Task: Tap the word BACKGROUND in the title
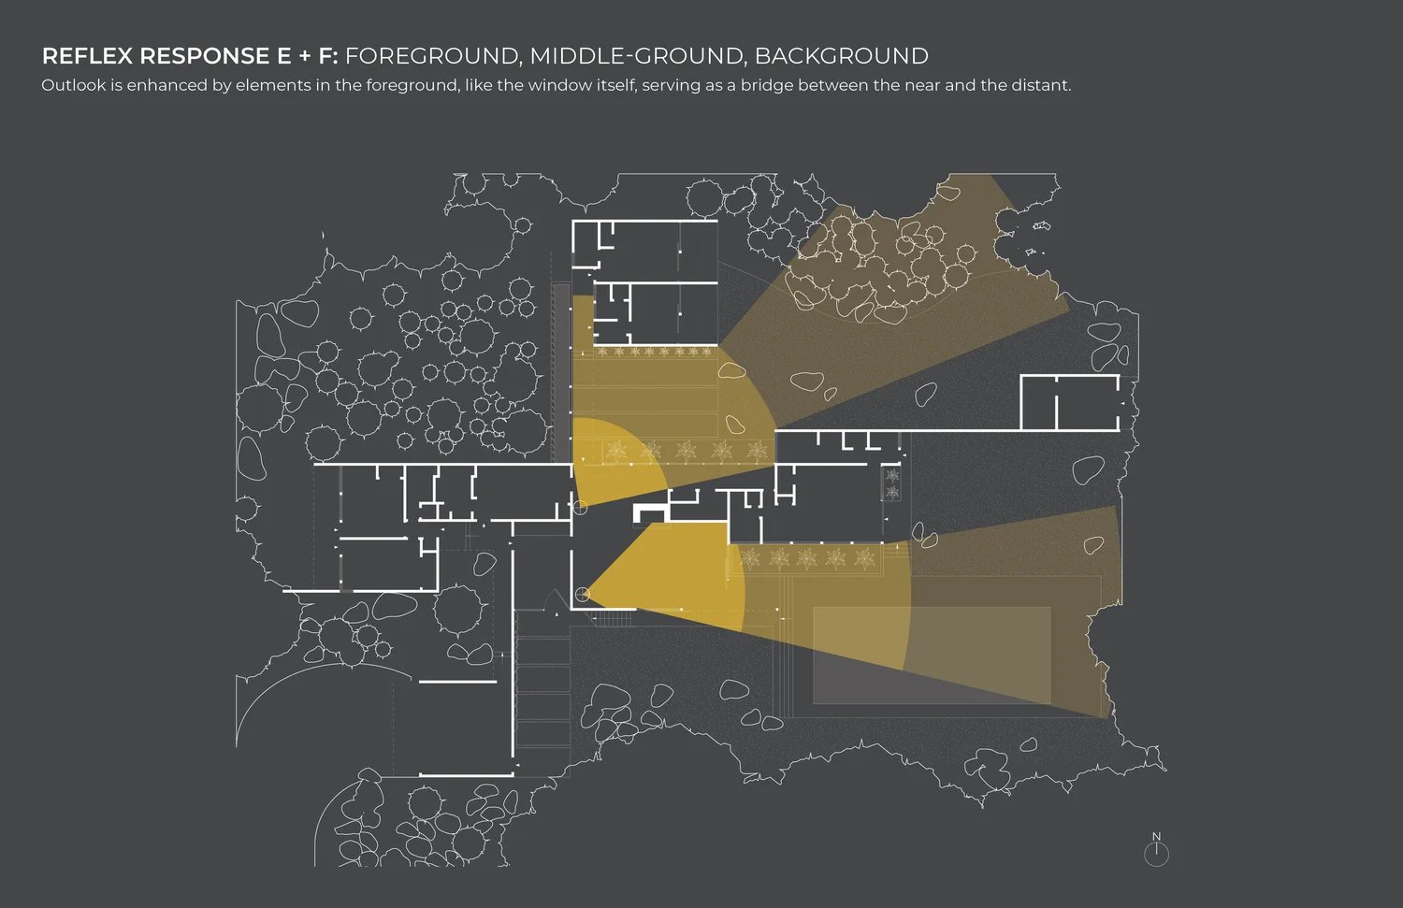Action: pos(841,56)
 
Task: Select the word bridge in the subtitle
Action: pos(766,85)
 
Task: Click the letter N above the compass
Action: pos(1156,837)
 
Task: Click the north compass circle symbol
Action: pos(1156,854)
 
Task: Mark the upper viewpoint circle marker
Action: pos(580,508)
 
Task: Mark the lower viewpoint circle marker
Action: pos(582,594)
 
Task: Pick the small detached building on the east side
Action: pos(1069,402)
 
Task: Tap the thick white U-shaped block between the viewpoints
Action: pos(650,511)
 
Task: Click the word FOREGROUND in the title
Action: pos(431,56)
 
